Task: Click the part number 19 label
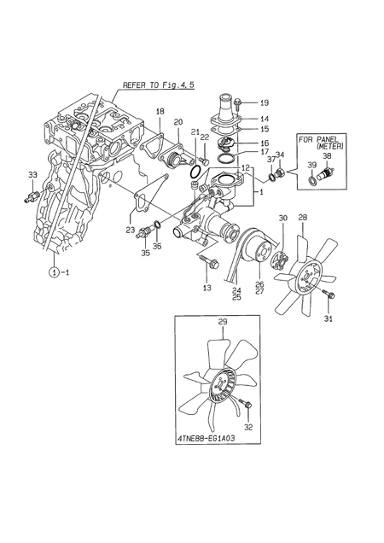pos(265,102)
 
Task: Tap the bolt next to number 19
pos(238,104)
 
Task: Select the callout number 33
pos(32,175)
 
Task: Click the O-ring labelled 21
pos(195,171)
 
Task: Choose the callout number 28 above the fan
pos(303,218)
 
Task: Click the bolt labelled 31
pos(329,295)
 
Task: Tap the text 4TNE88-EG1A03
pos(206,438)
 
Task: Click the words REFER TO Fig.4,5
pos(158,85)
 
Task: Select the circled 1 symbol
pos(53,272)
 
